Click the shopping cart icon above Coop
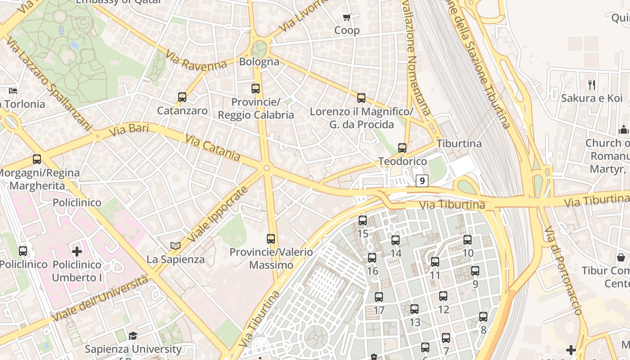click(x=346, y=18)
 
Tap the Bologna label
click(x=259, y=62)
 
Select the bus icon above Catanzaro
click(x=182, y=97)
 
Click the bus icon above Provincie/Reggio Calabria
click(x=256, y=88)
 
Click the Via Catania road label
click(x=212, y=148)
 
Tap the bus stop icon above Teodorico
click(x=402, y=148)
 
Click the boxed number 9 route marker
click(x=421, y=181)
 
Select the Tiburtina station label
click(x=459, y=144)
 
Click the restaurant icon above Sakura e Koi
click(x=592, y=85)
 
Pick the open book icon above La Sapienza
click(x=175, y=246)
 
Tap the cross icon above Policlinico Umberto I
click(x=77, y=251)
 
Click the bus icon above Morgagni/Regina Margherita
click(x=37, y=159)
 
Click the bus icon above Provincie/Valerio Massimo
click(x=271, y=238)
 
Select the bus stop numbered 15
click(x=363, y=220)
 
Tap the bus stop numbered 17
click(x=379, y=297)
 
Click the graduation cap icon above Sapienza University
click(x=133, y=336)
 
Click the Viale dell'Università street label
click(x=100, y=299)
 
